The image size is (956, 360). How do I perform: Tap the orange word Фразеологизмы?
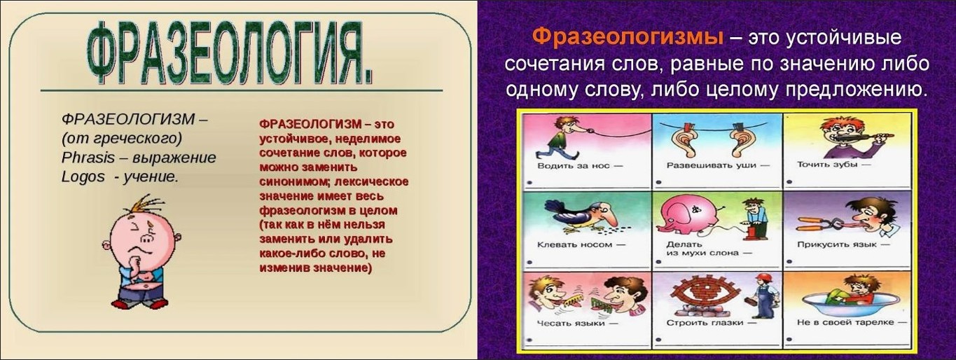628,37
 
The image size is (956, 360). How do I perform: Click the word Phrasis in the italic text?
88,158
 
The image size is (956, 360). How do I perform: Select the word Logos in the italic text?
83,176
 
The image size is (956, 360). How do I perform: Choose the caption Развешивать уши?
711,165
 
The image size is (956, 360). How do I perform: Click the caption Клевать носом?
574,244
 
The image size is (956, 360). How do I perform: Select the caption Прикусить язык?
837,244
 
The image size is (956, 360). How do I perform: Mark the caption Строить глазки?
705,323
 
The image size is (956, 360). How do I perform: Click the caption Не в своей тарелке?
845,322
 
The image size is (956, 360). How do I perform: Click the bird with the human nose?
582,216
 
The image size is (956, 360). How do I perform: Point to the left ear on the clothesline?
684,141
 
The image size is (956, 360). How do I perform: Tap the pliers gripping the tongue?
826,223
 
